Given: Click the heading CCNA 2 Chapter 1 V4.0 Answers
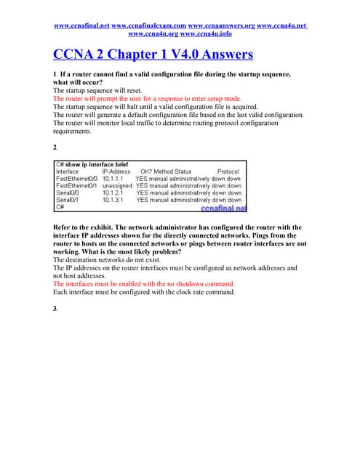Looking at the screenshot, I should (x=153, y=54).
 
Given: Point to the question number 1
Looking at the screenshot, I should (x=55, y=75).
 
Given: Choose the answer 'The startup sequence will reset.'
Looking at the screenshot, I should (x=93, y=90).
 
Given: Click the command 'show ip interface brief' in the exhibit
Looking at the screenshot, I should (x=97, y=164).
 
